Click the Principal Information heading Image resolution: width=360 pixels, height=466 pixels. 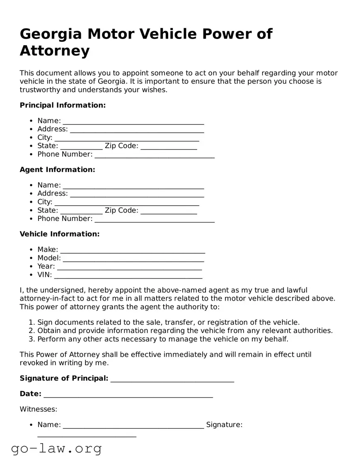pyautogui.click(x=63, y=105)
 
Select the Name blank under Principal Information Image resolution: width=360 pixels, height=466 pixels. pyautogui.click(x=133, y=121)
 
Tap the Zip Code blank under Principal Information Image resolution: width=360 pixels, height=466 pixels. pyautogui.click(x=169, y=147)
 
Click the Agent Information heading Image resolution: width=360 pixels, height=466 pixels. pyautogui.click(x=57, y=170)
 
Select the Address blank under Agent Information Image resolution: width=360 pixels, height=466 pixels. pyautogui.click(x=137, y=194)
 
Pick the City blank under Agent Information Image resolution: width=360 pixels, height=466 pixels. pyautogui.click(x=126, y=203)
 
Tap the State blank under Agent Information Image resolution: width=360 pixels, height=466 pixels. pyautogui.click(x=81, y=211)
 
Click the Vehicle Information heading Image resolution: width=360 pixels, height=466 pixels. pyautogui.click(x=60, y=234)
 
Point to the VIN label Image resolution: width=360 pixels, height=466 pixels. pyautogui.click(x=45, y=275)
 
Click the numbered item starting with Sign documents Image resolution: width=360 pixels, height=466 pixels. pyautogui.click(x=168, y=323)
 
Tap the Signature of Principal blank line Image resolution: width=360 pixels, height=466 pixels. pyautogui.click(x=172, y=379)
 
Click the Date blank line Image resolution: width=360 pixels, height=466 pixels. pyautogui.click(x=128, y=395)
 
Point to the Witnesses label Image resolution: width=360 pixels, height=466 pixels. pyautogui.click(x=39, y=410)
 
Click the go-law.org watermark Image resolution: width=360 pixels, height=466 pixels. pyautogui.click(x=56, y=449)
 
